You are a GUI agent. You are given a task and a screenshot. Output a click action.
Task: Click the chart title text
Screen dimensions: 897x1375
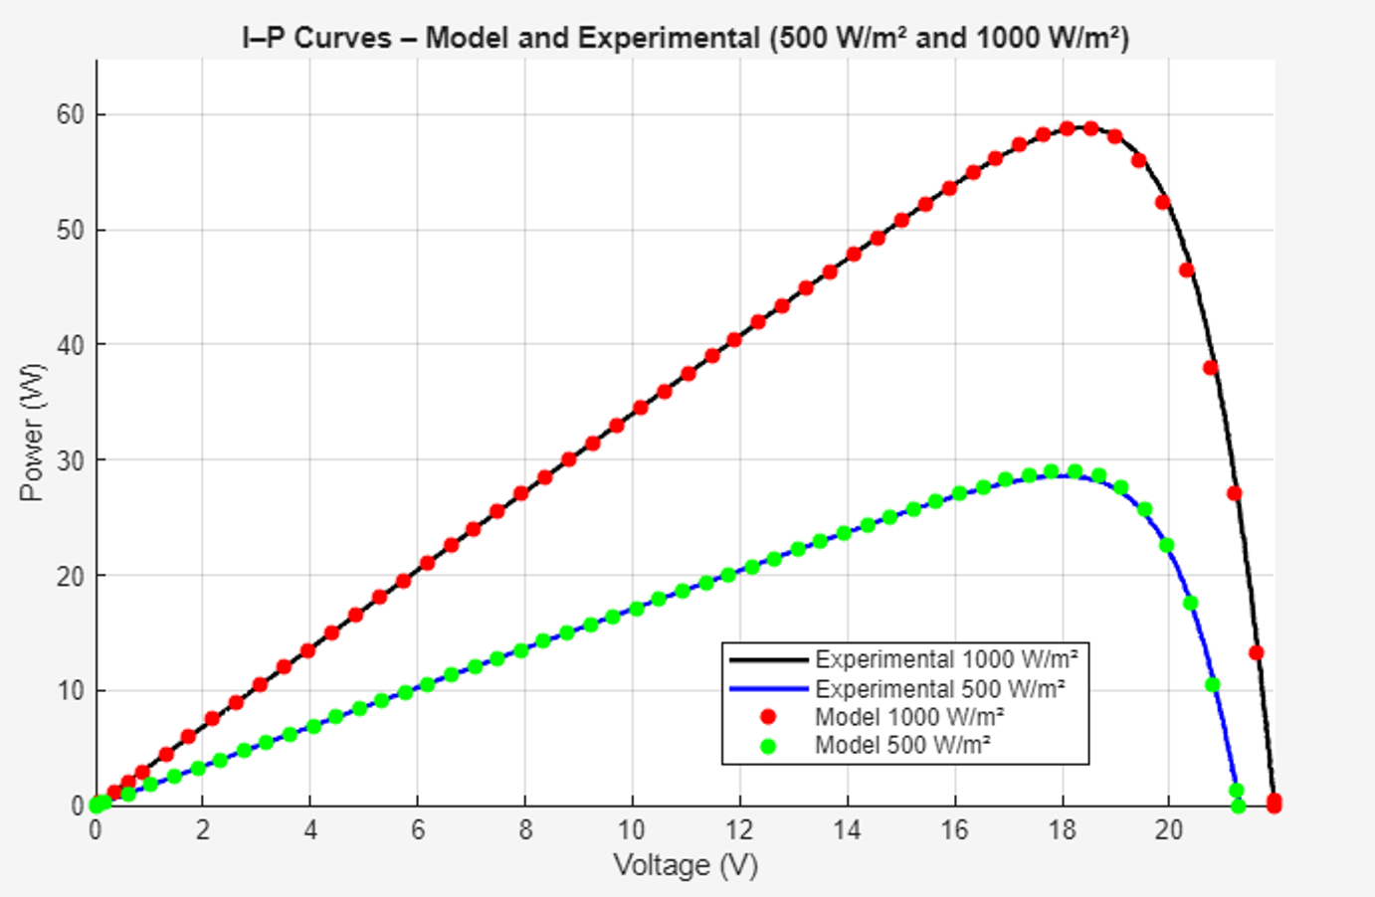click(686, 38)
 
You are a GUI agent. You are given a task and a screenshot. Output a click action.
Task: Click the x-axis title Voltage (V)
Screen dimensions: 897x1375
click(686, 865)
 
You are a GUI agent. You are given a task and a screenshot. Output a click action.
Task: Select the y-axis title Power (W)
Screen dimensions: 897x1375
click(32, 433)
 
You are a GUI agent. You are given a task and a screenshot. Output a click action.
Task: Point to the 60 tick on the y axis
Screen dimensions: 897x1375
click(70, 114)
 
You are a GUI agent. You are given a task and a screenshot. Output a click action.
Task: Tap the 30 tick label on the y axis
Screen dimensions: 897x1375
click(70, 460)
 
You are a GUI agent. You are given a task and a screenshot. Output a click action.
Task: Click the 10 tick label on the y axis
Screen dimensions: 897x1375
click(70, 690)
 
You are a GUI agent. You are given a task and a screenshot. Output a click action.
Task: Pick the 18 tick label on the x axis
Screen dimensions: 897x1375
click(1062, 830)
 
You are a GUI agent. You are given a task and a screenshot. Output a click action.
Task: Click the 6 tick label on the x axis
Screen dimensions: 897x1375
click(418, 830)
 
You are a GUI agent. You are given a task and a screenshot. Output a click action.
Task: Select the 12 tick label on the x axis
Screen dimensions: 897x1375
click(739, 830)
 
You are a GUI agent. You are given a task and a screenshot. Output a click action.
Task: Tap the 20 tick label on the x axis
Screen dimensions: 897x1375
click(1169, 830)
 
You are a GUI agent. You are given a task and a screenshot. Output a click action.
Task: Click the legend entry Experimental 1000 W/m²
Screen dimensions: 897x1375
click(946, 659)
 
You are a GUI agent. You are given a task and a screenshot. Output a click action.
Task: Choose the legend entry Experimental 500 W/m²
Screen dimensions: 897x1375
click(940, 688)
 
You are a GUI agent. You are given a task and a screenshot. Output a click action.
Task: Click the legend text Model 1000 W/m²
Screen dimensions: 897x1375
click(909, 717)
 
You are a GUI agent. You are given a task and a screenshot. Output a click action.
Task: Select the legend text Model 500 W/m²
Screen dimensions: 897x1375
click(902, 745)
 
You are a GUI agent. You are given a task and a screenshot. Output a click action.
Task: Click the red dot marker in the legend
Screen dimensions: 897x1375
click(767, 717)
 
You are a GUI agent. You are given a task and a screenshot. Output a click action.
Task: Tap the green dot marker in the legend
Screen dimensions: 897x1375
click(767, 745)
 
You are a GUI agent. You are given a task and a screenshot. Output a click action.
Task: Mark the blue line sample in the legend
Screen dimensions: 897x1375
click(767, 688)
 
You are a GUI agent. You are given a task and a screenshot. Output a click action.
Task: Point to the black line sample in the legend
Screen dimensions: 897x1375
click(767, 659)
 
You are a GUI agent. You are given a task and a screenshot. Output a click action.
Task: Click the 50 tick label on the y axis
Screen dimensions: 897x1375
click(70, 230)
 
